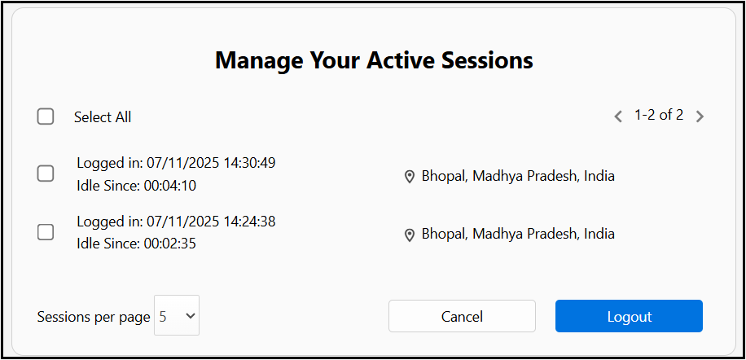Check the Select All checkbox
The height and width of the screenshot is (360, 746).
(45, 116)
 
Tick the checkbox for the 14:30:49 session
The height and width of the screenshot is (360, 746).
(45, 173)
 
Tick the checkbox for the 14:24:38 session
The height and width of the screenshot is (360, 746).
(45, 232)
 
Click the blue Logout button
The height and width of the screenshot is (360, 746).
(629, 316)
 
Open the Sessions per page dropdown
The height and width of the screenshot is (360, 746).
(177, 315)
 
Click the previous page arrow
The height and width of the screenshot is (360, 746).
(618, 116)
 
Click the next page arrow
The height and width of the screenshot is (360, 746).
(700, 116)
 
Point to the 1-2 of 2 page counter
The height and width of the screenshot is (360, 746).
(659, 115)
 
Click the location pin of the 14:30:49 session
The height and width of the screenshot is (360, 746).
(409, 177)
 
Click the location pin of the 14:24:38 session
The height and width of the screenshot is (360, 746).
(409, 235)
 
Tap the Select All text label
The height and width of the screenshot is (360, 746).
(103, 117)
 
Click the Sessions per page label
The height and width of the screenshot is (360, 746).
(94, 317)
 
